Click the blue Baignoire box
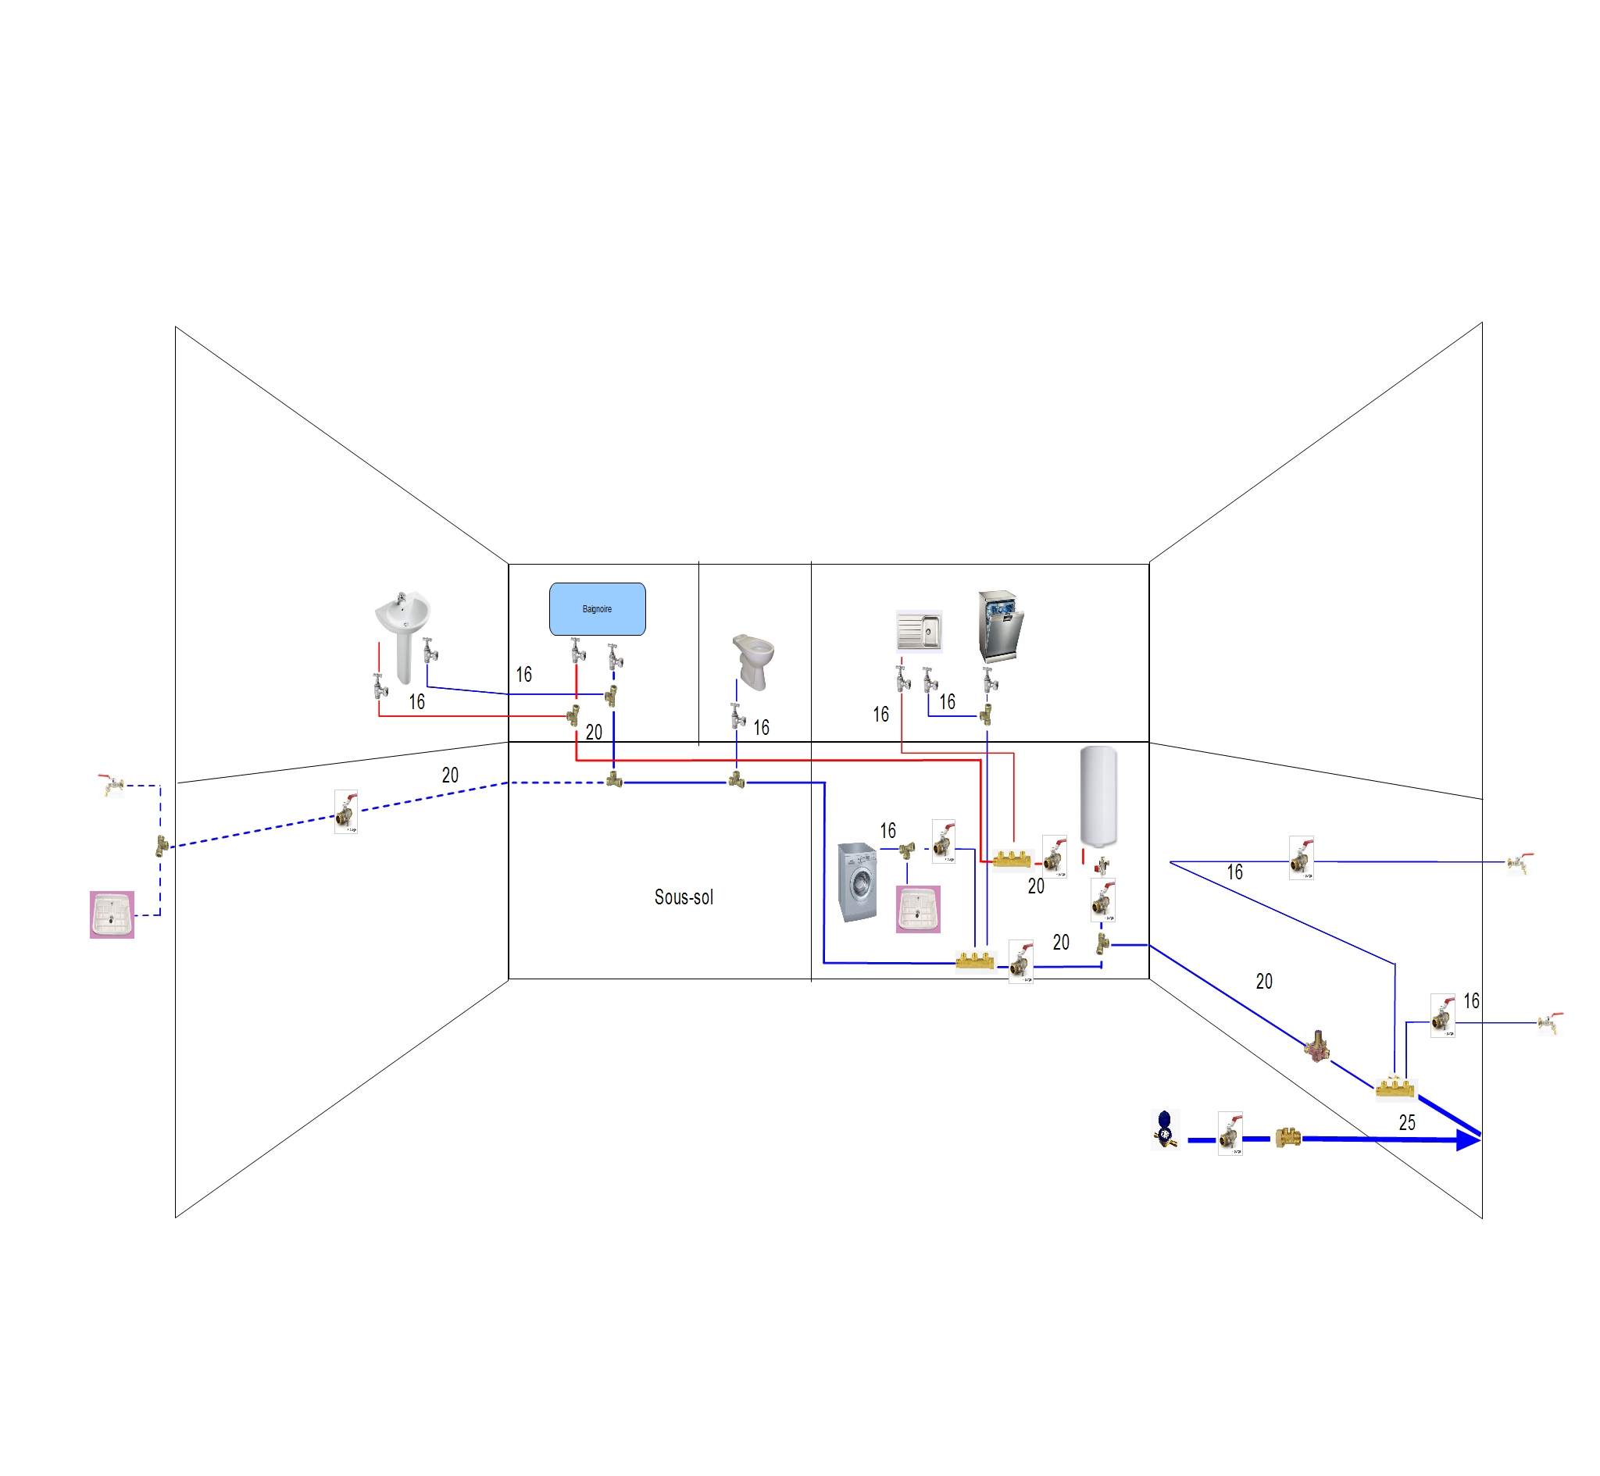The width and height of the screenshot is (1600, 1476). click(597, 608)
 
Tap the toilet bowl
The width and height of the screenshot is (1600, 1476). click(753, 660)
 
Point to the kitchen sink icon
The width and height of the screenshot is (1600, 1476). click(919, 631)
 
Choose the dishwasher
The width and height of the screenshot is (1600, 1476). click(1000, 626)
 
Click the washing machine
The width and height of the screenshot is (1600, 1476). click(857, 882)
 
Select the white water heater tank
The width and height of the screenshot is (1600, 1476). click(1098, 796)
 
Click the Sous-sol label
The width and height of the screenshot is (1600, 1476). click(684, 897)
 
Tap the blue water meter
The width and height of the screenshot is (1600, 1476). click(1165, 1128)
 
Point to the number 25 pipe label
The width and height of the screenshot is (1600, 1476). click(1407, 1122)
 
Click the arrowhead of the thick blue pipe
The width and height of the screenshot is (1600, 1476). click(1468, 1140)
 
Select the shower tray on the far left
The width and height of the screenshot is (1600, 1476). click(112, 914)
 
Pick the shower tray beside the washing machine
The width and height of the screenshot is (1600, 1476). click(918, 909)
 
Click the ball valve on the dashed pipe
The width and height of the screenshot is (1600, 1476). click(346, 812)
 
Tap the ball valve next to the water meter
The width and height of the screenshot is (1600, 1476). click(1230, 1133)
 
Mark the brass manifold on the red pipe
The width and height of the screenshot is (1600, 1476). click(1011, 860)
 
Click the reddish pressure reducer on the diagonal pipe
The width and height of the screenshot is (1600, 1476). click(1316, 1046)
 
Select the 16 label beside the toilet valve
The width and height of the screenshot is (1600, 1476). click(761, 728)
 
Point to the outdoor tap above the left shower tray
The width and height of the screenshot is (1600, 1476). click(112, 785)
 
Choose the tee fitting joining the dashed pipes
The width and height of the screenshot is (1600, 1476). click(162, 846)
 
